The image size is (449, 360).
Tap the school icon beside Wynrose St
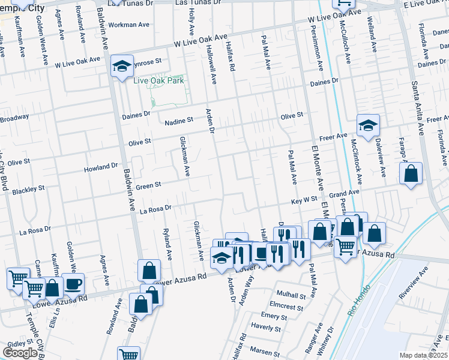[x=122, y=65]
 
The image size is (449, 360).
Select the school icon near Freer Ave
[x=368, y=125]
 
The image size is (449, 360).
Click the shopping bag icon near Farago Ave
[x=411, y=173]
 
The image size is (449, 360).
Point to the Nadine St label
[x=179, y=120]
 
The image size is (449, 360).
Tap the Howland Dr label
[x=101, y=166]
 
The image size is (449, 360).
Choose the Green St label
[x=149, y=186]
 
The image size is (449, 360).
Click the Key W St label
[x=304, y=199]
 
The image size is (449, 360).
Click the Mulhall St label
[x=291, y=295]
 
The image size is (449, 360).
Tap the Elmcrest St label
[x=291, y=306]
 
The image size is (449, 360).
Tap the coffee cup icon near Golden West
[x=73, y=283]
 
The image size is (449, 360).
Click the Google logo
[x=20, y=353]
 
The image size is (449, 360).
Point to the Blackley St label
[x=28, y=189]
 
